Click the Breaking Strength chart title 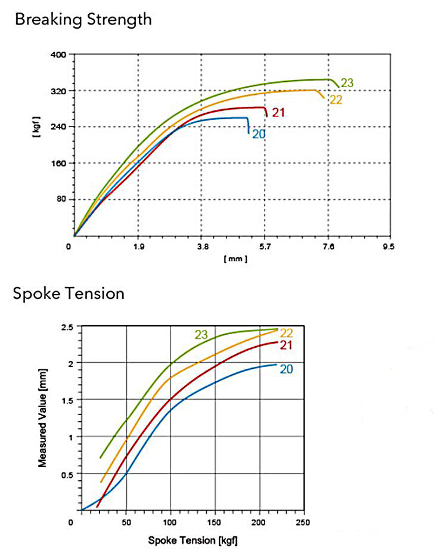pyautogui.click(x=83, y=20)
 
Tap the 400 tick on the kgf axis pyautogui.click(x=58, y=54)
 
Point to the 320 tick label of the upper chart pyautogui.click(x=58, y=91)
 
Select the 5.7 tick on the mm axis pyautogui.click(x=265, y=247)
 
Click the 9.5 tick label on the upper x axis pyautogui.click(x=389, y=247)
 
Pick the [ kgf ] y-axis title pyautogui.click(x=36, y=127)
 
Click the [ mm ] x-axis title pyautogui.click(x=235, y=259)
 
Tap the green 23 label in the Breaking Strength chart pyautogui.click(x=347, y=83)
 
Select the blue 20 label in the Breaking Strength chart pyautogui.click(x=259, y=134)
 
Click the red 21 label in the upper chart pyautogui.click(x=278, y=113)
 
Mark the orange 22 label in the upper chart pyautogui.click(x=336, y=100)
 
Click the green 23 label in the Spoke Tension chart pyautogui.click(x=201, y=335)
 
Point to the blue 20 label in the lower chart pyautogui.click(x=286, y=369)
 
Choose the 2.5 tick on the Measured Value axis pyautogui.click(x=67, y=328)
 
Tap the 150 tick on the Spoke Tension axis pyautogui.click(x=214, y=522)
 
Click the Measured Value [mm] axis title pyautogui.click(x=42, y=418)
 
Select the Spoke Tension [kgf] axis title pyautogui.click(x=193, y=541)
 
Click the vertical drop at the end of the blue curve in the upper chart pyautogui.click(x=249, y=126)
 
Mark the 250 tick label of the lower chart pyautogui.click(x=303, y=522)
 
